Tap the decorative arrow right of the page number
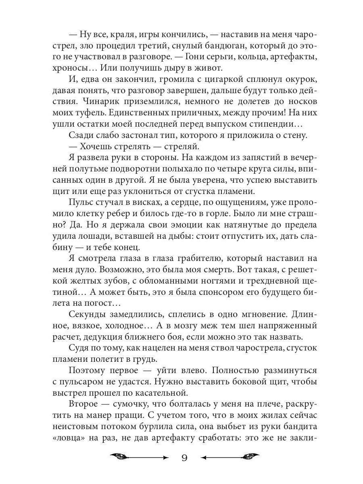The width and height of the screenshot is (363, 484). pos(230,457)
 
